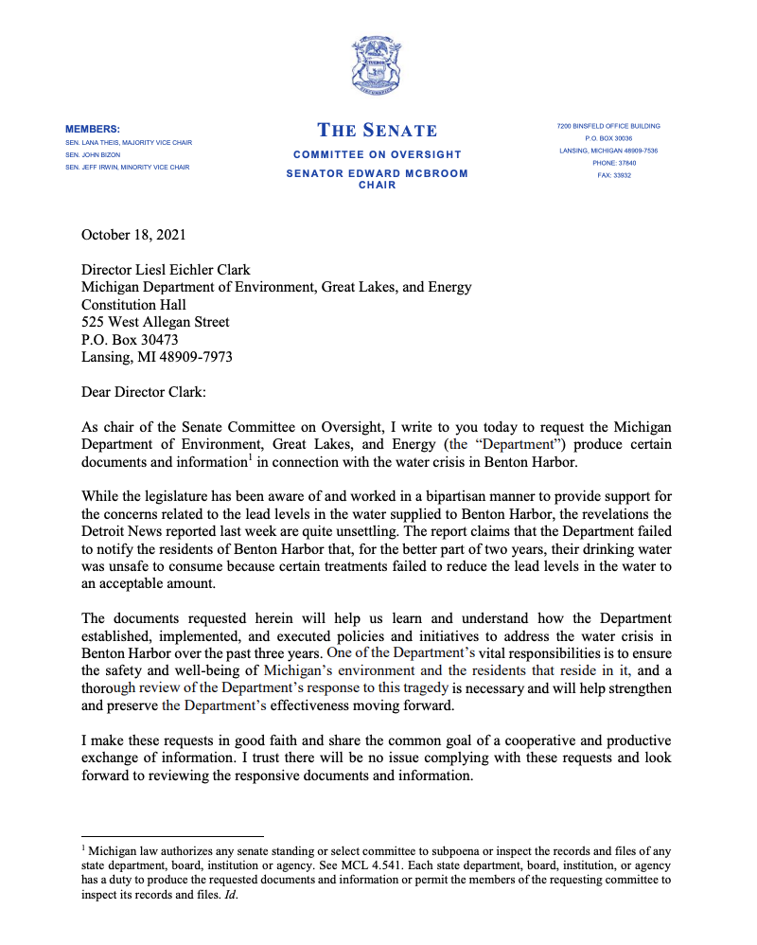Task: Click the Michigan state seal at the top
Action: coord(378,66)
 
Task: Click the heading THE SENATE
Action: coord(378,131)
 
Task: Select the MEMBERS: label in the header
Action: coord(93,128)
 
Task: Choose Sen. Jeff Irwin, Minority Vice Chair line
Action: coord(128,167)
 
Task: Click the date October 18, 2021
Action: coord(133,236)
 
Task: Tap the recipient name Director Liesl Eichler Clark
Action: coord(166,271)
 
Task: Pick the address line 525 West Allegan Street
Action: coord(155,322)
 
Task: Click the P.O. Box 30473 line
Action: coord(130,339)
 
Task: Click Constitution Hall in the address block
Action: coord(133,305)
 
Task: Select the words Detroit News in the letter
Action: coord(122,530)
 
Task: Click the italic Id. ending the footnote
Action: coord(232,895)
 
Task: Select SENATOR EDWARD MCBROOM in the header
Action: coord(377,174)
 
